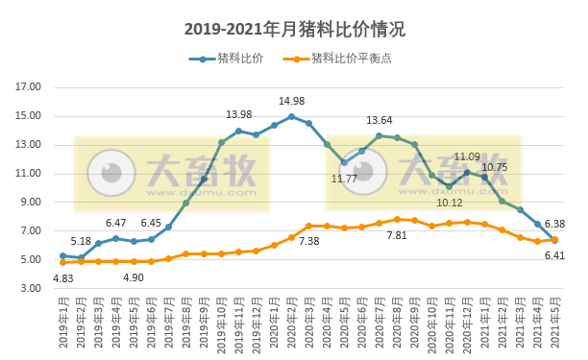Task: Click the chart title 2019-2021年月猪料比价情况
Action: coord(294,29)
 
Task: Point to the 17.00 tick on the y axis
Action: coord(30,87)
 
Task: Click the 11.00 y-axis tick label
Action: coord(30,174)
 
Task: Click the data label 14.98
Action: coord(291,102)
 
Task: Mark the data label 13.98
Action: coord(238,115)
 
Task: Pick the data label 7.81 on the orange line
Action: coord(397,235)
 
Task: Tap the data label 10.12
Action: coord(449,203)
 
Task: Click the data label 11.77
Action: coord(344,179)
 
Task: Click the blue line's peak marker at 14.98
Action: coord(291,116)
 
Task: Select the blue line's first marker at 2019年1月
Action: coord(62,255)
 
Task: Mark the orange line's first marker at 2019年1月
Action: coord(62,262)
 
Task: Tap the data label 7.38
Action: coord(308,241)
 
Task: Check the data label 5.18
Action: coord(81,241)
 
